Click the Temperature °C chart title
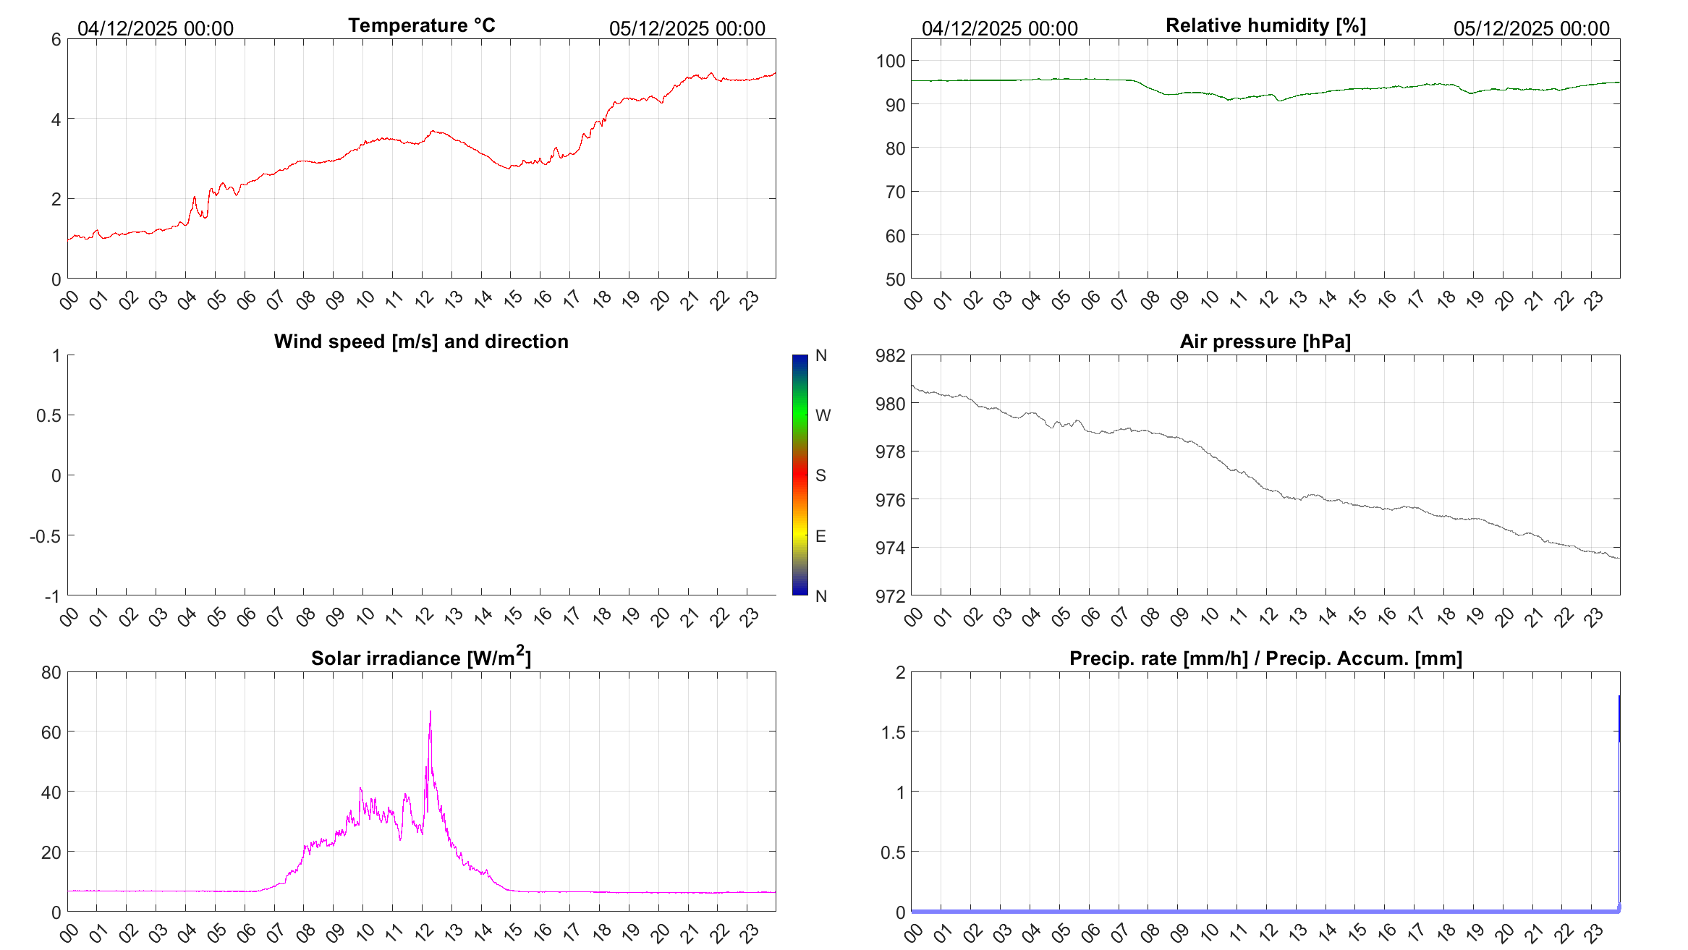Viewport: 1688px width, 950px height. click(x=421, y=25)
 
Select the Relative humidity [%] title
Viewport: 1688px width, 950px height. click(x=1265, y=25)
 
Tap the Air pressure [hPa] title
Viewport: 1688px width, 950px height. click(x=1265, y=342)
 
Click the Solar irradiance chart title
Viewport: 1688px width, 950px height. click(x=421, y=658)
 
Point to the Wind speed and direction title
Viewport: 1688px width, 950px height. click(x=421, y=342)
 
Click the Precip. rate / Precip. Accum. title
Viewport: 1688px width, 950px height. click(x=1265, y=658)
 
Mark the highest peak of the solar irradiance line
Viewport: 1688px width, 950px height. click(x=431, y=712)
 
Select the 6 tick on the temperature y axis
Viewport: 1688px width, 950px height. click(x=56, y=40)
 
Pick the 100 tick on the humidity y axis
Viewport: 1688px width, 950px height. click(x=891, y=62)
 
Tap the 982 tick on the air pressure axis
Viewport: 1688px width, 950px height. click(x=891, y=355)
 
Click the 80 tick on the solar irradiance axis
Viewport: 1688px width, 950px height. click(x=51, y=673)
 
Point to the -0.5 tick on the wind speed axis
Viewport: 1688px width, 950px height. click(x=45, y=536)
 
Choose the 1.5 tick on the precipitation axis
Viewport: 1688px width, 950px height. click(x=893, y=732)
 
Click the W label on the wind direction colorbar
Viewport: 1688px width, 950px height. click(x=823, y=415)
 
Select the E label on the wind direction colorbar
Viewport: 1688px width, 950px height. click(x=820, y=536)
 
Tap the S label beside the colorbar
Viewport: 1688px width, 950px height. click(x=820, y=475)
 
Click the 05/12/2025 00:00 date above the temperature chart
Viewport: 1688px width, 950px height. click(x=687, y=28)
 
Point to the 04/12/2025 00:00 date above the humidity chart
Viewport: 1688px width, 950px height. click(x=999, y=28)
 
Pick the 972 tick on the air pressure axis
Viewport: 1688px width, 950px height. click(x=891, y=596)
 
